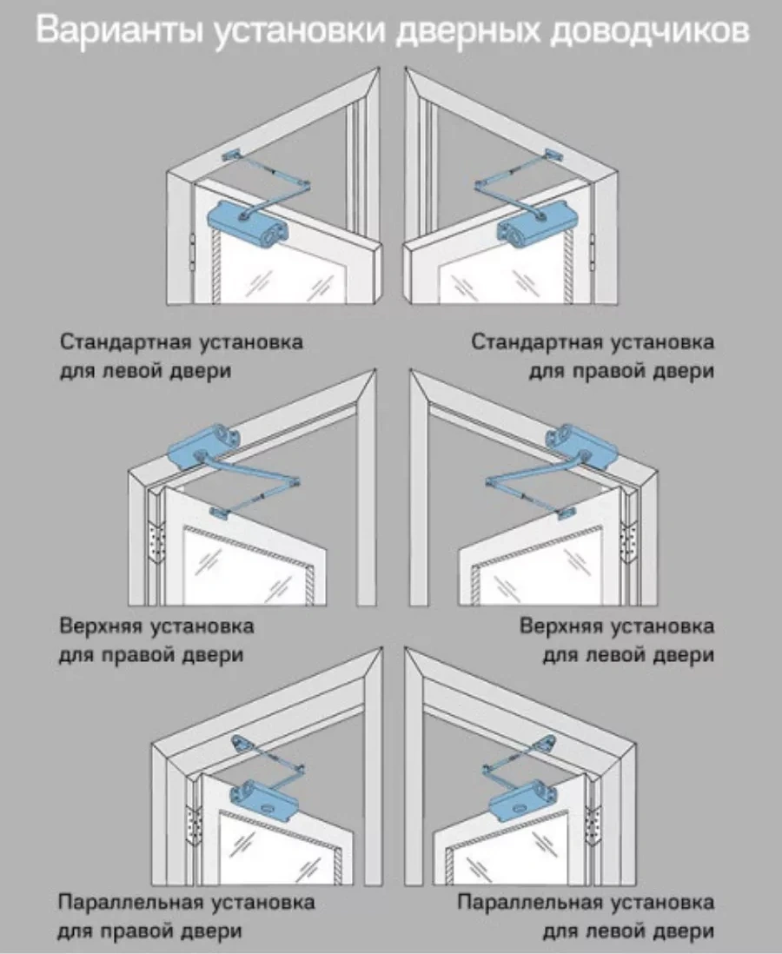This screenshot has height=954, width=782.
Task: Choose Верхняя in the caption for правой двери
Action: click(103, 626)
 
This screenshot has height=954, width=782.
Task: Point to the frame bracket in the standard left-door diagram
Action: click(233, 154)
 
